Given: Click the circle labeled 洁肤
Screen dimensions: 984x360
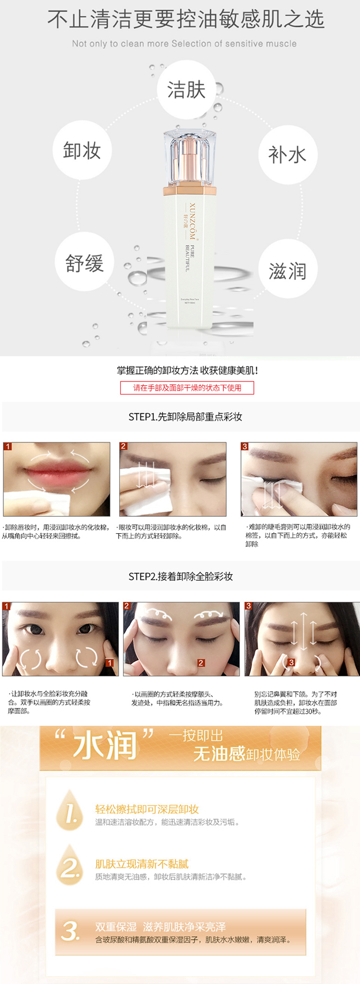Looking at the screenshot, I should click(186, 90).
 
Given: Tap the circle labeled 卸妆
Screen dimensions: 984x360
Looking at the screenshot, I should click(82, 150).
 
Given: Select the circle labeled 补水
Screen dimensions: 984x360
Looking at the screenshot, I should click(287, 155).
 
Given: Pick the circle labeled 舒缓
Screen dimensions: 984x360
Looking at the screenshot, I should click(85, 262).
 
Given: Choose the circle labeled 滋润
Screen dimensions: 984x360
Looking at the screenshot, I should click(287, 270).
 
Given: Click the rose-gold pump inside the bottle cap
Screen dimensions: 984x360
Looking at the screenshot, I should click(189, 160).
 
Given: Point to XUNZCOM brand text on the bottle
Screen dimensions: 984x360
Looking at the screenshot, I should click(193, 220).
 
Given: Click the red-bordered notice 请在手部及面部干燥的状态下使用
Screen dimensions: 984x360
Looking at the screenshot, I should click(187, 388).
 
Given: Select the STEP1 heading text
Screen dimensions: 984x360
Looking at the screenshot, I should click(185, 417).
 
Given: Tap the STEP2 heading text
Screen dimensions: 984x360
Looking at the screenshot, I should click(180, 576).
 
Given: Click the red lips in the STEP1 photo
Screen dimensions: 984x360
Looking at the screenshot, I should click(56, 475).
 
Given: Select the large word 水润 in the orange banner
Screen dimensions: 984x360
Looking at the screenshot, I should click(105, 746).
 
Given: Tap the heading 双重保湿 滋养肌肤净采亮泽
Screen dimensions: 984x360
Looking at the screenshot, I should click(161, 927).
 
